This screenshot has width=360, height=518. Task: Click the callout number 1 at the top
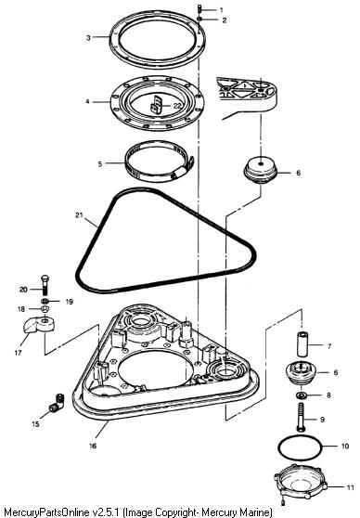point(221,10)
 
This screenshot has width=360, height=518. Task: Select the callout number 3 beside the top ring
point(88,38)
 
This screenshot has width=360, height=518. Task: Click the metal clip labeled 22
point(157,104)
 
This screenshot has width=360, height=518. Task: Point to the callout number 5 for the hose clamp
point(100,164)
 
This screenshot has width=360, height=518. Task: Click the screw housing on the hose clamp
point(182,170)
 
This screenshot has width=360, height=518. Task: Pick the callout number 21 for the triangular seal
point(79,215)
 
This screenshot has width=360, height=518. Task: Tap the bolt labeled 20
point(45,285)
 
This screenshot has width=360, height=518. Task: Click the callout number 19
point(69,302)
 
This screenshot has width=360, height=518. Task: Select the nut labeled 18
point(45,309)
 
